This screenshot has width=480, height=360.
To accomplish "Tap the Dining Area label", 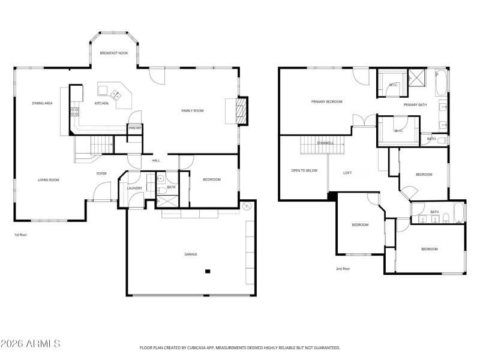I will (43, 103).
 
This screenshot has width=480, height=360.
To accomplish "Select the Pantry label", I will (134, 128).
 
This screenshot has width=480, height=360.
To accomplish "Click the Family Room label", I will (193, 110).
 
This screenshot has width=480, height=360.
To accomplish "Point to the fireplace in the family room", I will (240, 111).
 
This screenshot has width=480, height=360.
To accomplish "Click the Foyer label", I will (101, 173).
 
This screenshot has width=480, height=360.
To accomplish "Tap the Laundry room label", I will (134, 188).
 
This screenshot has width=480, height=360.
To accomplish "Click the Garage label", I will (191, 254).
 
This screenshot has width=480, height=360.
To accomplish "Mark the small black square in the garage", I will (208, 271).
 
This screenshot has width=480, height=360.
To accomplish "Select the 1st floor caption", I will (20, 235).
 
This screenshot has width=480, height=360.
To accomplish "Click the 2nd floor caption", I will (343, 268).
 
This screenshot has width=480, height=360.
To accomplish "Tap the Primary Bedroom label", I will (326, 102).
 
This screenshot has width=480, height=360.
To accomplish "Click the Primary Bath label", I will (415, 105).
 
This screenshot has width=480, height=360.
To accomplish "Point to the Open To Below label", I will (304, 170).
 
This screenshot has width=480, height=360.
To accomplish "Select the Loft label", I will (347, 173).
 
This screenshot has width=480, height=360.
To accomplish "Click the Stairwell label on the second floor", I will (325, 143).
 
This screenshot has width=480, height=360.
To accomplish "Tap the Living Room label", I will (49, 180).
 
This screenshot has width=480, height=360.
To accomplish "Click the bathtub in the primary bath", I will (442, 83).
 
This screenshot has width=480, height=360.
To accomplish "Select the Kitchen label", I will (101, 103).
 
